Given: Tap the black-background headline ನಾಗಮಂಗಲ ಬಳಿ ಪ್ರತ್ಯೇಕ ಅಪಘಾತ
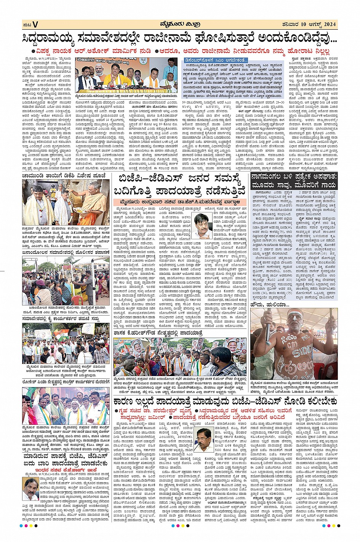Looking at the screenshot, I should (293, 181).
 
